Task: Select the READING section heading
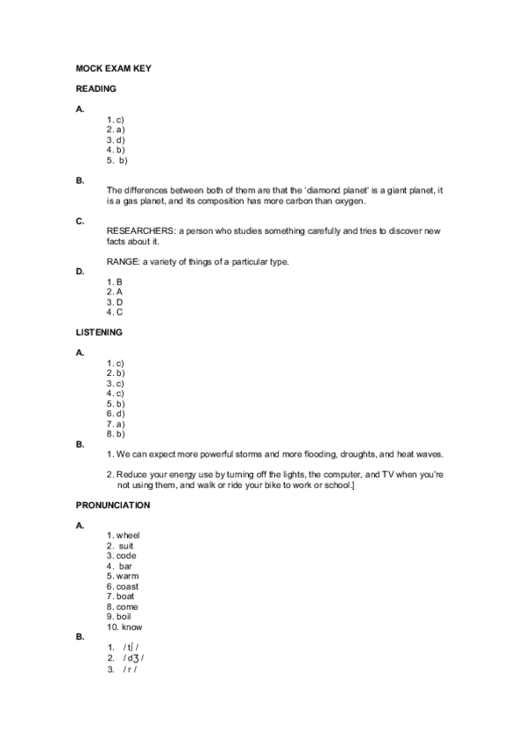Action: tap(96, 88)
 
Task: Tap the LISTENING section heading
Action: tap(99, 332)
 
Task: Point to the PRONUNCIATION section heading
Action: tap(113, 505)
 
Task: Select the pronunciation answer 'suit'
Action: tap(126, 546)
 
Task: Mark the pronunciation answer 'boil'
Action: tap(124, 617)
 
